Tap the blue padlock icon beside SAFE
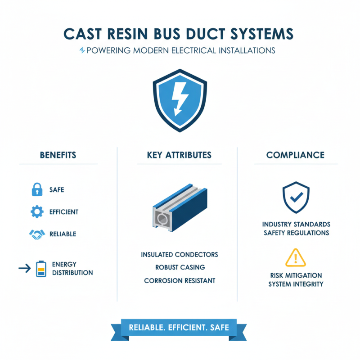point(37,189)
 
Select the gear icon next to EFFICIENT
point(36,211)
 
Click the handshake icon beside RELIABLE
point(36,234)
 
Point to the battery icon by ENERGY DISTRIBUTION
point(41,268)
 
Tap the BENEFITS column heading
point(58,155)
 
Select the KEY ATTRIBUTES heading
point(179,155)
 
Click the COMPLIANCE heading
point(295,155)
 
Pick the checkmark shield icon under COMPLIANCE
point(296,197)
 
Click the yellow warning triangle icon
point(296,257)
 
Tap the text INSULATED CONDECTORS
point(180,255)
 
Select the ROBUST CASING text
point(180,267)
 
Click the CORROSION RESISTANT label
point(180,280)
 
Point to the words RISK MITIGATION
point(296,275)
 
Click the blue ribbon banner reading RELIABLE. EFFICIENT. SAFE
point(179,328)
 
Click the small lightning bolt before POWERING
point(81,50)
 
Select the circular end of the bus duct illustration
point(162,219)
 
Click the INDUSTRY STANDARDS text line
point(296,224)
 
